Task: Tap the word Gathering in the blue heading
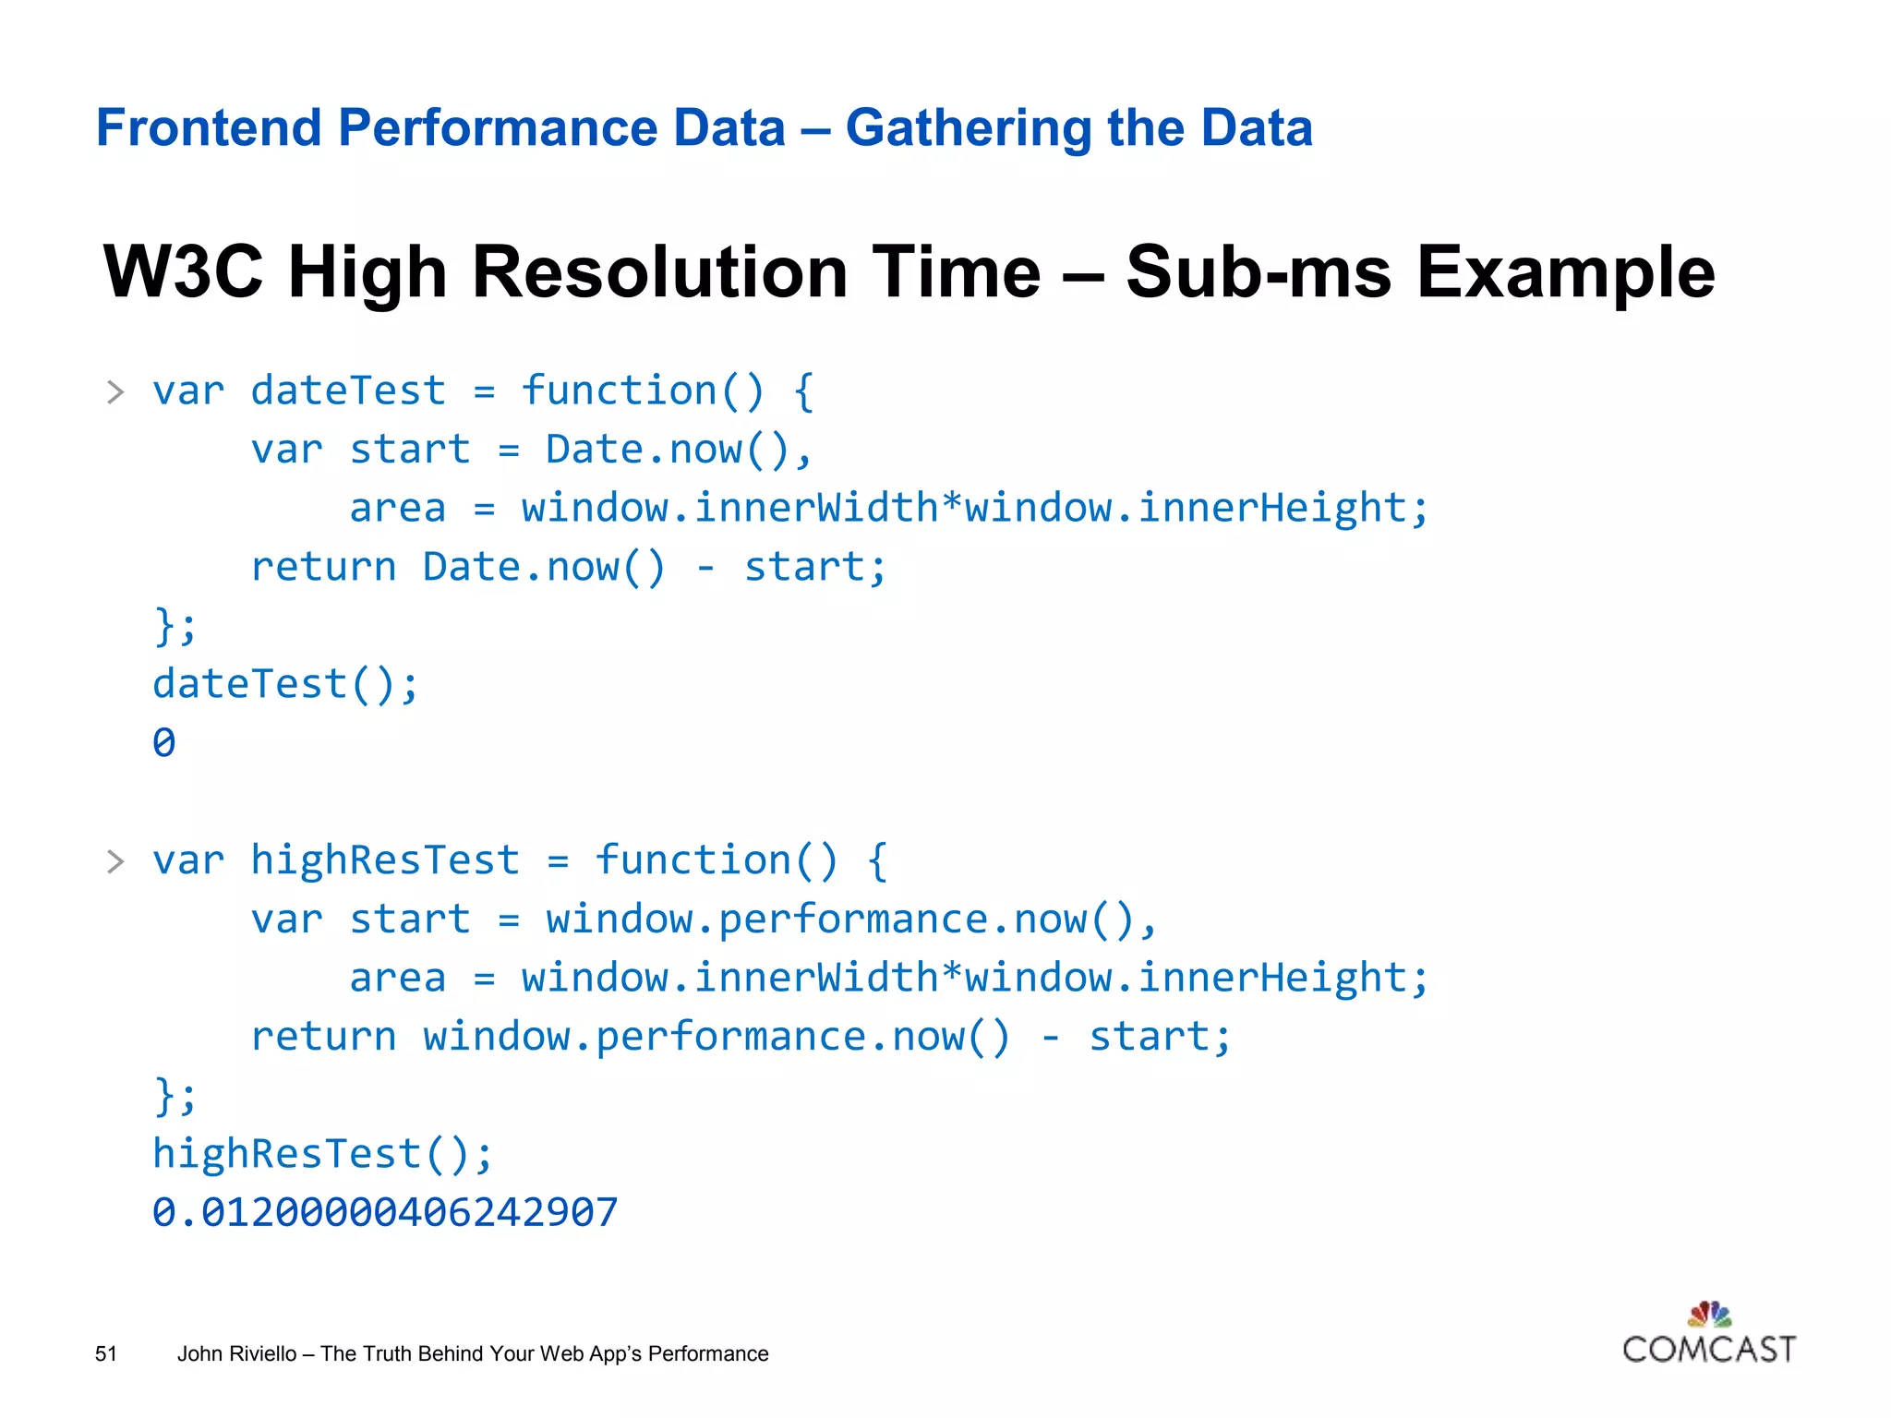968,129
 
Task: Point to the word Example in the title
1565,273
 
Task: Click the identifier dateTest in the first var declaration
348,391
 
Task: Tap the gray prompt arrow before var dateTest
115,392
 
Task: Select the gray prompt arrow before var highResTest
115,861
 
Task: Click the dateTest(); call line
285,684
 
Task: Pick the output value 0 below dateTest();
164,743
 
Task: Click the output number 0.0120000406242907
385,1212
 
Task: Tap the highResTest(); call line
322,1154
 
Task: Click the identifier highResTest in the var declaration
385,860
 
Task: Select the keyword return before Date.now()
323,567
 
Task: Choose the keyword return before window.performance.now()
323,1036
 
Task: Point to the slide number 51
106,1353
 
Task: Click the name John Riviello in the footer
236,1353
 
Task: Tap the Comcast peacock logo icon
1709,1313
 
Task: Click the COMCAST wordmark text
1709,1350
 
